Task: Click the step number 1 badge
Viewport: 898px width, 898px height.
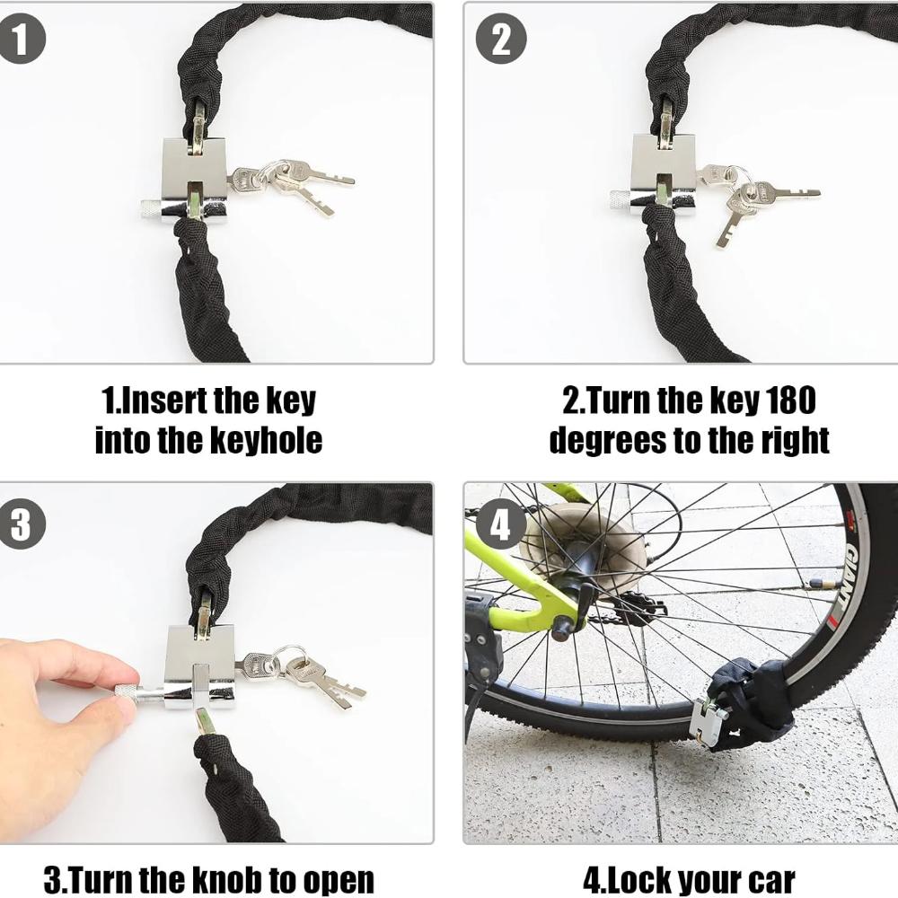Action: click(22, 40)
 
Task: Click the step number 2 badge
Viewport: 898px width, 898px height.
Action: click(500, 40)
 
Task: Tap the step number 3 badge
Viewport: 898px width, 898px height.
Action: click(22, 524)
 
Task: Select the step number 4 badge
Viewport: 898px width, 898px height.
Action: click(500, 524)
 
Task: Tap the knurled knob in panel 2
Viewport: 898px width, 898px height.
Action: click(620, 199)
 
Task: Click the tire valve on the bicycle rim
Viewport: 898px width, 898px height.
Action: click(823, 584)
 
